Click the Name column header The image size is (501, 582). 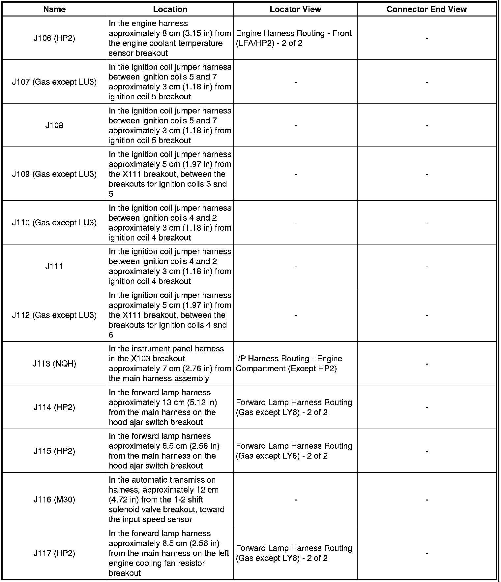(x=54, y=9)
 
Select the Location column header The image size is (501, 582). (x=170, y=9)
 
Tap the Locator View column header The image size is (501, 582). (x=295, y=9)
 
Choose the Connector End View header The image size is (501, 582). (x=427, y=9)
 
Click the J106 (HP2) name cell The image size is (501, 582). (x=54, y=38)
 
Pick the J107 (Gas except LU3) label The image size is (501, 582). (x=54, y=82)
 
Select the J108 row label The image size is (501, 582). (x=54, y=125)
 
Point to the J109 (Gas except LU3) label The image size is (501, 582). (x=54, y=174)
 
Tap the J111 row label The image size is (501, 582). (x=54, y=266)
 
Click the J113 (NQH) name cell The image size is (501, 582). (x=54, y=364)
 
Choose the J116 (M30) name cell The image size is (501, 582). (x=54, y=500)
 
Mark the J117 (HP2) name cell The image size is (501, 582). (x=54, y=553)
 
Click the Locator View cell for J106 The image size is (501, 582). (x=294, y=38)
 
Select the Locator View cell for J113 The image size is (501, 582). (x=289, y=364)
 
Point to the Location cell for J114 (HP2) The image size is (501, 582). (x=162, y=407)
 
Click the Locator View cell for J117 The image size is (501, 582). (x=294, y=553)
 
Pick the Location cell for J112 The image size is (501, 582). (x=170, y=315)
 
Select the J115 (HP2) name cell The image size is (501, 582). (x=54, y=451)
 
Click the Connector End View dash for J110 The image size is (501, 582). (x=427, y=223)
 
